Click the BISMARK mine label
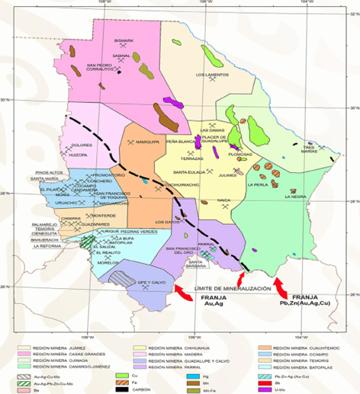[x=123, y=40]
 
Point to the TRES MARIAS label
[x=316, y=149]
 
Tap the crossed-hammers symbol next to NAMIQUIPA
[x=133, y=142]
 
